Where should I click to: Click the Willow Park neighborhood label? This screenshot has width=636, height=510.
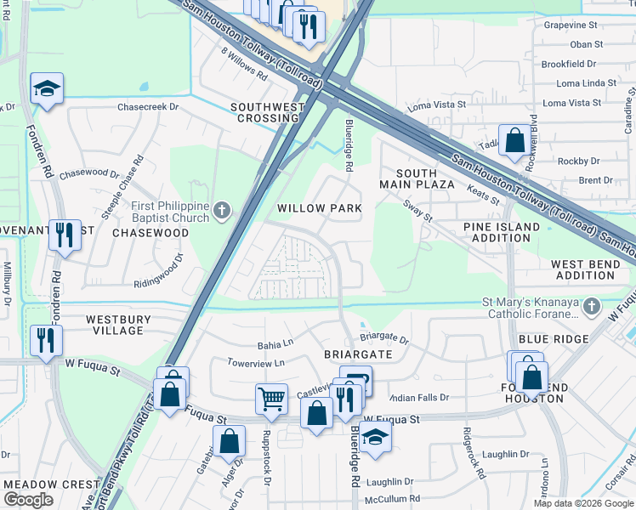click(320, 208)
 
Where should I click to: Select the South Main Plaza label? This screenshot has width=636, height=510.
click(416, 178)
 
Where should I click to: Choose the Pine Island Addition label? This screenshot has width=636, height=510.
click(502, 233)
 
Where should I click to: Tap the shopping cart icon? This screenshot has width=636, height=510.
click(271, 396)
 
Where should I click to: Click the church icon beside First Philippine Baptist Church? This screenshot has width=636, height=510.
click(222, 210)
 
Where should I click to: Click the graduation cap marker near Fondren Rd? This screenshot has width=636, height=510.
click(47, 88)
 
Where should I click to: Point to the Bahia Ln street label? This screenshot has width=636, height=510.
click(275, 345)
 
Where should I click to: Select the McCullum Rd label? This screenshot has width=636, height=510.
click(392, 499)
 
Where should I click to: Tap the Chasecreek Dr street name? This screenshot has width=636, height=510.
click(148, 107)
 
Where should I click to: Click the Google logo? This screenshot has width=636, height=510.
click(29, 500)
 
